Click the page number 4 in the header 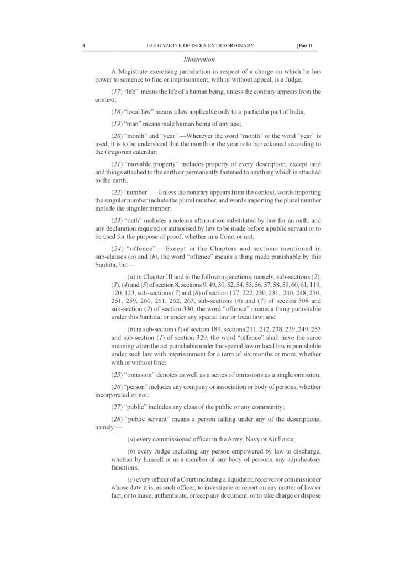click(x=83, y=45)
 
